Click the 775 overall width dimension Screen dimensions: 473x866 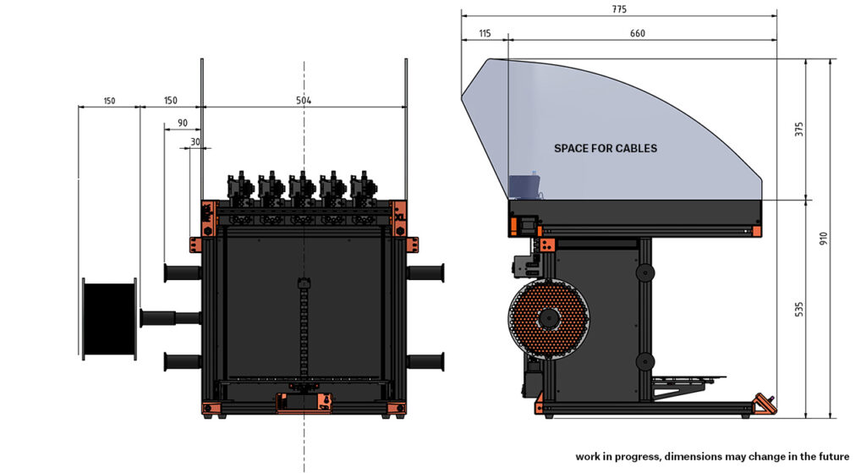click(619, 9)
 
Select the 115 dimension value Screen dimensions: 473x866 click(485, 33)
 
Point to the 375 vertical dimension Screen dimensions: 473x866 click(798, 129)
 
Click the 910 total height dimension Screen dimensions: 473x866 click(824, 239)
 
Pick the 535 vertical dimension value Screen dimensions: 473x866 click(798, 309)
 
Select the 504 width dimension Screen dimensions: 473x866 click(304, 101)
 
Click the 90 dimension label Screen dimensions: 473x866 click(183, 124)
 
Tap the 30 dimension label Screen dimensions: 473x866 click(195, 142)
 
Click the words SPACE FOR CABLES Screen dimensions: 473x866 click(606, 148)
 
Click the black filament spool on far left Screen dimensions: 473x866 click(109, 318)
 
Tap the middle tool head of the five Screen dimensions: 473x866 click(303, 189)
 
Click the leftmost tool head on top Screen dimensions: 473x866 click(240, 189)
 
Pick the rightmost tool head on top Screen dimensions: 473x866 click(363, 189)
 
